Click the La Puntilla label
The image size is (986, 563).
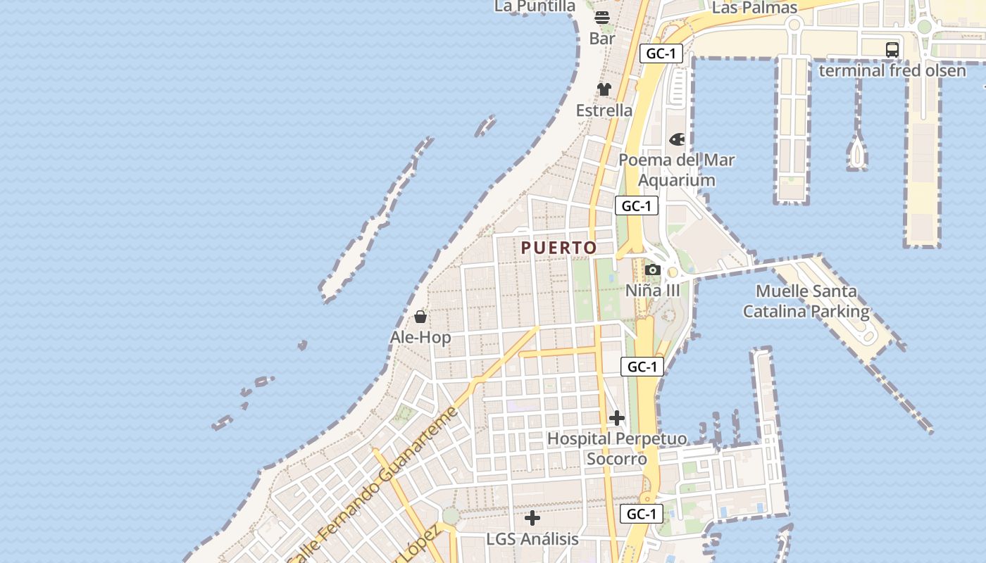coord(535,6)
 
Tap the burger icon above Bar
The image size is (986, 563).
coord(602,18)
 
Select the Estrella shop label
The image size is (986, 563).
coord(604,110)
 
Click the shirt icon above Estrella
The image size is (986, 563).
coord(604,89)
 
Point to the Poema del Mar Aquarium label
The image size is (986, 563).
coord(676,170)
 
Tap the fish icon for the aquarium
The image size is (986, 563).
coord(677,139)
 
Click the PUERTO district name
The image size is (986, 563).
coord(559,248)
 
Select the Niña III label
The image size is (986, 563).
coord(653,290)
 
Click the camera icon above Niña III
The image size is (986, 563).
coord(653,270)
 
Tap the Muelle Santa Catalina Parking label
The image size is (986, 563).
coord(806,301)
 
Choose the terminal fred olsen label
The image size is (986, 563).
coord(892,70)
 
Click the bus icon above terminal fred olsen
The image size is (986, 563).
coord(892,49)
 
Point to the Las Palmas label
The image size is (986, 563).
coord(754,8)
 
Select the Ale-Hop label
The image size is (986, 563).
coord(420,337)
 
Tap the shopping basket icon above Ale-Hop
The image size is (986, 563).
coord(420,317)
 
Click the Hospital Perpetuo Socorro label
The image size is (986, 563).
coord(617,448)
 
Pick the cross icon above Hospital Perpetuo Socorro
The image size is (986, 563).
coord(617,418)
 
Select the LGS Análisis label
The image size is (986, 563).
coord(532,539)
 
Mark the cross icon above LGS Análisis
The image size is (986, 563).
coord(532,519)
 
